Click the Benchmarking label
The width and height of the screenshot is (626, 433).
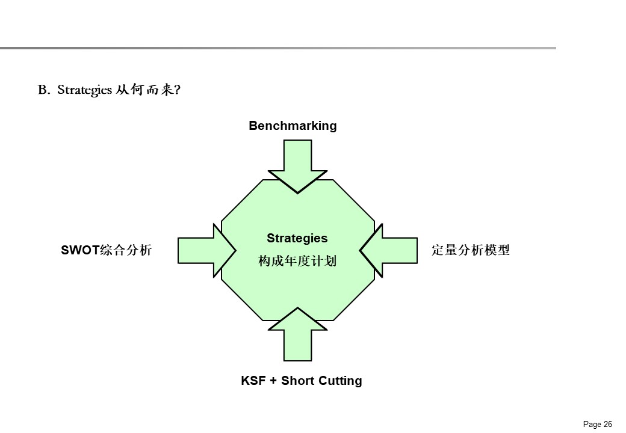[x=293, y=126]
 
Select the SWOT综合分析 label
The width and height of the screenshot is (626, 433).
[x=106, y=250]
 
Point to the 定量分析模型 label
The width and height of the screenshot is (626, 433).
[x=471, y=250]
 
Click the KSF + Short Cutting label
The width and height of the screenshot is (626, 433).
[x=302, y=381]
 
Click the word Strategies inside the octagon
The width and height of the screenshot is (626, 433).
[x=297, y=238]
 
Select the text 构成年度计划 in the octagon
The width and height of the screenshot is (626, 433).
[x=297, y=262]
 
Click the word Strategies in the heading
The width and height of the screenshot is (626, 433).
[x=85, y=90]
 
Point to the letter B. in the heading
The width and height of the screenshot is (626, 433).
[x=43, y=90]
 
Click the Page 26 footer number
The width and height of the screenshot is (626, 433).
[x=598, y=424]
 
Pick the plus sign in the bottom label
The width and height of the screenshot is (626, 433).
[x=272, y=381]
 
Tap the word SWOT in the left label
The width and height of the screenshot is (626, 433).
[x=81, y=250]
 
